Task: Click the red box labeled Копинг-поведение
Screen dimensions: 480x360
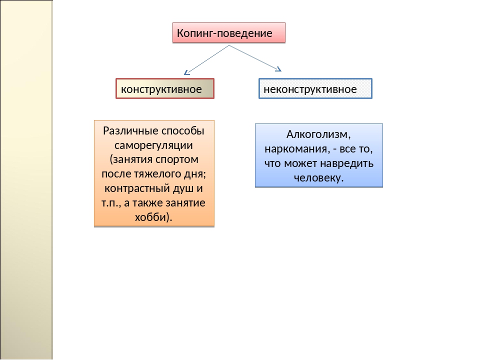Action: (x=229, y=33)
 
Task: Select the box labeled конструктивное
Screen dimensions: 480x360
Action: (x=165, y=89)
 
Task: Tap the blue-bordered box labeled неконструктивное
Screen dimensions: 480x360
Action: (x=315, y=89)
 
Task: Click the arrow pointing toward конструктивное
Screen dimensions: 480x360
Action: (x=206, y=60)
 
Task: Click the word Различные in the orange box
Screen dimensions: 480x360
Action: (x=130, y=130)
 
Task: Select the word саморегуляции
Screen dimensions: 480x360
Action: (x=153, y=145)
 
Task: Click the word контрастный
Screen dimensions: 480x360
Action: (x=137, y=188)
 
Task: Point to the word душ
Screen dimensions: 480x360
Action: (x=183, y=188)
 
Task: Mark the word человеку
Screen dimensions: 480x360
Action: (x=318, y=178)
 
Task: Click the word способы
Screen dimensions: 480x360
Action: (x=183, y=131)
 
